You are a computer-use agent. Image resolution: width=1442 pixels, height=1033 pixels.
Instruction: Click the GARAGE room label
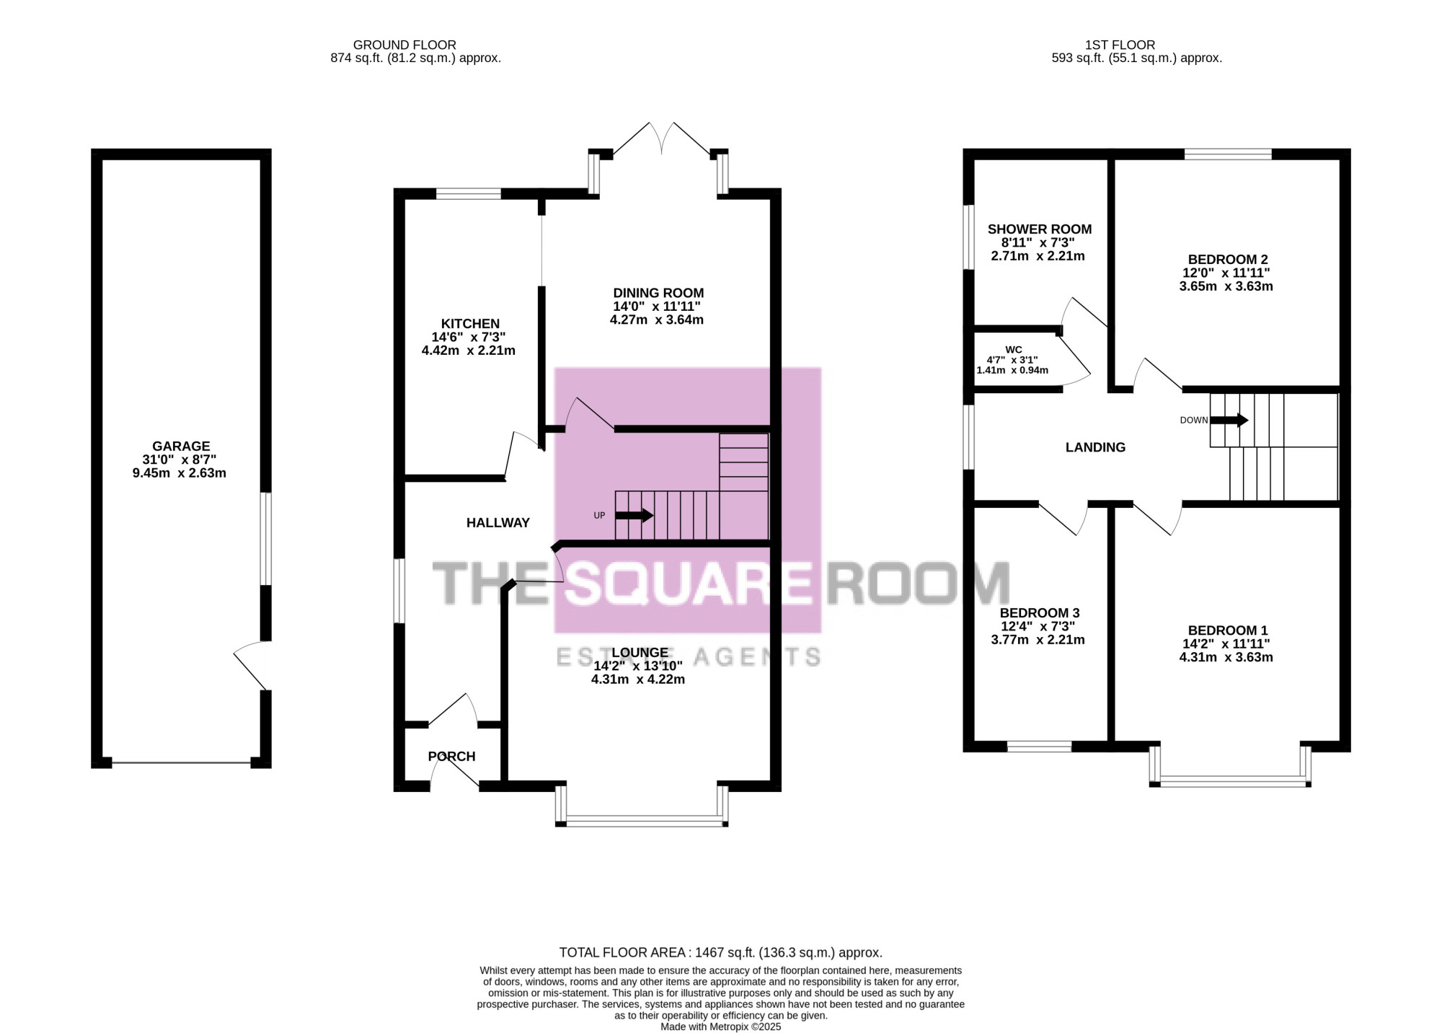coord(181,447)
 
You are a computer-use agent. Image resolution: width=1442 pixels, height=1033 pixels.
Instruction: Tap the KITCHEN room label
coord(470,324)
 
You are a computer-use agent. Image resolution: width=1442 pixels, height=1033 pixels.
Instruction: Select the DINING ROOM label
coord(658,293)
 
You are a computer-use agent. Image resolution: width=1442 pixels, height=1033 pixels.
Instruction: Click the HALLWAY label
coord(498,523)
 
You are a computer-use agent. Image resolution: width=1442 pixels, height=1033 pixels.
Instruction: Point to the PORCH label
coord(452,757)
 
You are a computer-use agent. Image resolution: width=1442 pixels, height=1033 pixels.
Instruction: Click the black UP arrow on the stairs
coord(634,516)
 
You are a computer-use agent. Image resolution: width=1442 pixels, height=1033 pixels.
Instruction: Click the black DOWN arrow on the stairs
coord(1229,420)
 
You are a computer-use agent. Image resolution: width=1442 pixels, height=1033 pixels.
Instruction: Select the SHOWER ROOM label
coord(1040,229)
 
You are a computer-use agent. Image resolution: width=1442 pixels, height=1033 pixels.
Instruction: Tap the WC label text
coord(1014,350)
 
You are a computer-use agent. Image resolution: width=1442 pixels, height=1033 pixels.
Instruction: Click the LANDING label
coord(1095,447)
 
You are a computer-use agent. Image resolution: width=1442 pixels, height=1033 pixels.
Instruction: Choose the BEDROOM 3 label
coord(1040,613)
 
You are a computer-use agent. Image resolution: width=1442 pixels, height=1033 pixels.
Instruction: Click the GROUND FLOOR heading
coord(404,45)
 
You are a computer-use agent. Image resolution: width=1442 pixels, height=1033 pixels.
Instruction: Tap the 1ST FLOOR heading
coord(1120,45)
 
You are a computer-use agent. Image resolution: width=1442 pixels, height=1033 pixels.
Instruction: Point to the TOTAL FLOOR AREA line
coord(721,953)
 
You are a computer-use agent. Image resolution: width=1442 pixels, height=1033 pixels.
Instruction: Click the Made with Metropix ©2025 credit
coord(721,1027)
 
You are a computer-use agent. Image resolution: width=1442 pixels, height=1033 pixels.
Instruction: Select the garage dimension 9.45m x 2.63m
coord(180,473)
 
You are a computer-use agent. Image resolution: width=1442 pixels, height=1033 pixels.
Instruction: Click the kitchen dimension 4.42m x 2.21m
coord(469,351)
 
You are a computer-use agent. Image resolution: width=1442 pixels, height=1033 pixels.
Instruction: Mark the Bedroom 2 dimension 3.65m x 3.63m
coord(1226,286)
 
